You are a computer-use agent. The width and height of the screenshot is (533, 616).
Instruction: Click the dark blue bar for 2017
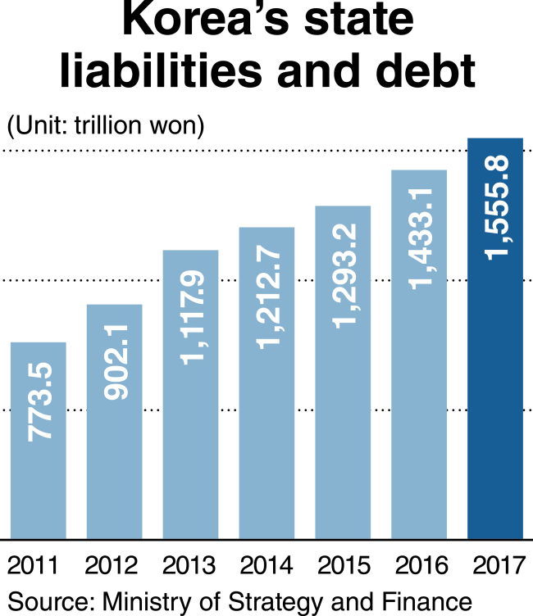(x=495, y=338)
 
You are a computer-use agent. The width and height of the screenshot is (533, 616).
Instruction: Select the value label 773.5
(x=39, y=402)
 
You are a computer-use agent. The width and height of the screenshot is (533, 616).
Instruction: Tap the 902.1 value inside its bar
(x=116, y=362)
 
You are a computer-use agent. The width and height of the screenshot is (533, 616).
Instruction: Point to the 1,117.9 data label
(x=193, y=318)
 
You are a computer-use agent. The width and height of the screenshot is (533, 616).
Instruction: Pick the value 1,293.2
(x=344, y=276)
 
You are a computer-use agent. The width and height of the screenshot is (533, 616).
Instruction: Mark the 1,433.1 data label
(x=421, y=239)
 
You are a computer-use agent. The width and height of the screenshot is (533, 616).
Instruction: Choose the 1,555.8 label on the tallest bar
(x=497, y=208)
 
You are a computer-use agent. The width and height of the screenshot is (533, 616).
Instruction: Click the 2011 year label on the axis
(x=33, y=565)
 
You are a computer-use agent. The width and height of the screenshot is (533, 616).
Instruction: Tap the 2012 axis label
(x=112, y=565)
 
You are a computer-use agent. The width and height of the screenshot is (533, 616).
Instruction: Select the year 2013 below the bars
(x=189, y=565)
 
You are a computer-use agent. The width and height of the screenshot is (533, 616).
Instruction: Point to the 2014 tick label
(x=266, y=565)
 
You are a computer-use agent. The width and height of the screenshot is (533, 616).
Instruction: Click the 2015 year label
(x=344, y=565)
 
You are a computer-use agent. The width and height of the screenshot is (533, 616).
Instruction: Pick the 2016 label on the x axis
(x=421, y=565)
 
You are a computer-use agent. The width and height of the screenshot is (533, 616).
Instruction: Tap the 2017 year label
(x=499, y=565)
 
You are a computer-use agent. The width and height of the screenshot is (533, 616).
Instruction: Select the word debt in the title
(x=426, y=70)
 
